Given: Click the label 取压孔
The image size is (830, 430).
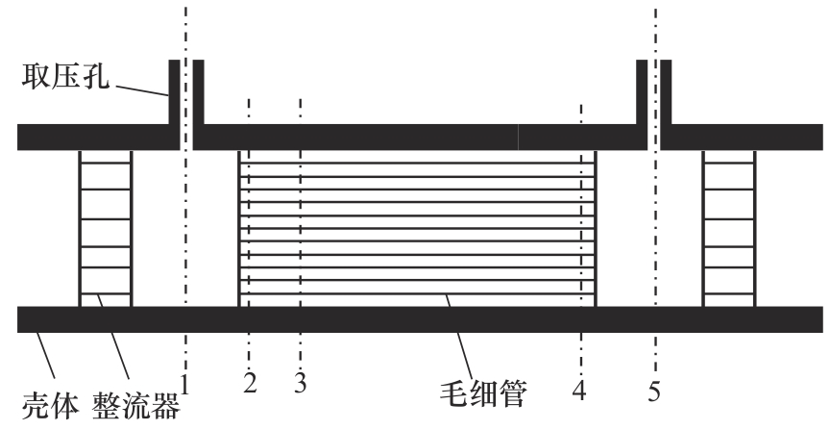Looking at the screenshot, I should coord(64,75).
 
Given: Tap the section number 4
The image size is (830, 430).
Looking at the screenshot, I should coord(579,391).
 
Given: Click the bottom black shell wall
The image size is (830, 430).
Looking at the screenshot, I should coord(413,319).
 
